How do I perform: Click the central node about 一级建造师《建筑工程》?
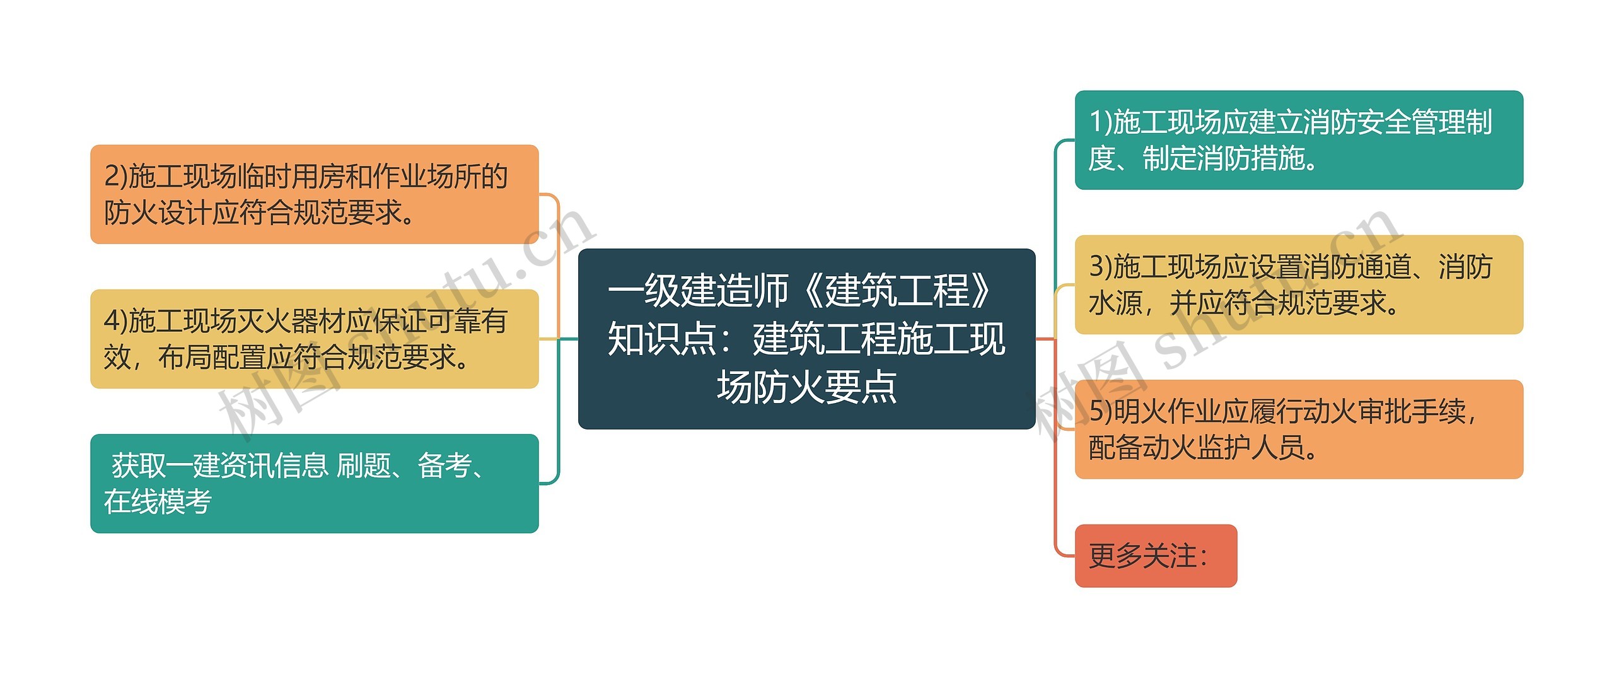[806, 339]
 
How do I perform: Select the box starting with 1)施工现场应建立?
[1298, 140]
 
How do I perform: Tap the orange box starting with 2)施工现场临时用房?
[314, 194]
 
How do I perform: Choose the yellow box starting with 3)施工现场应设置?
[1298, 284]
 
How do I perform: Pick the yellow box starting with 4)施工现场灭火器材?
[314, 339]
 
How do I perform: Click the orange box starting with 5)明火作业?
[1298, 429]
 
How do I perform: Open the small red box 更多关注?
[1155, 556]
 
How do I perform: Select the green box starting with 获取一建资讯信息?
[314, 483]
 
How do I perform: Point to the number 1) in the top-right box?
[1101, 122]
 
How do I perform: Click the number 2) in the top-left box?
[116, 176]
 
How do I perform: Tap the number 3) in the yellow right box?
[1101, 266]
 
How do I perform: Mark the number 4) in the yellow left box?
[116, 320]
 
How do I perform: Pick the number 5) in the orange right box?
[1101, 411]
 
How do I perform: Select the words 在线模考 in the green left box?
[158, 502]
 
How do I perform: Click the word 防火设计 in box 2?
[158, 213]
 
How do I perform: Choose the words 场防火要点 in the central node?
[806, 387]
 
